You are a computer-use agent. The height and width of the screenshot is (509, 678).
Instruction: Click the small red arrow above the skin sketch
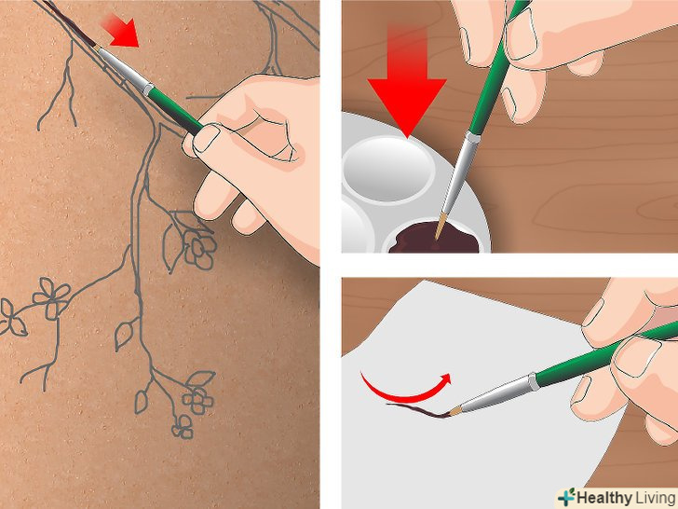121,30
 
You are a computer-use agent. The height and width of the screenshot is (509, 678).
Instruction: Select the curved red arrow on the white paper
404,390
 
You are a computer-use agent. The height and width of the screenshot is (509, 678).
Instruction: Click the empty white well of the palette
388,168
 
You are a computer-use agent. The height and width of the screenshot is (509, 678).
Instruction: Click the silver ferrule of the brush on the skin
126,71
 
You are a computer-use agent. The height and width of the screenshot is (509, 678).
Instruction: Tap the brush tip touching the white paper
454,411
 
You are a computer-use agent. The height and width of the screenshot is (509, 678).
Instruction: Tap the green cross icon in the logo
566,498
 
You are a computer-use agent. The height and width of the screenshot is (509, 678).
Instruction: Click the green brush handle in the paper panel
605,352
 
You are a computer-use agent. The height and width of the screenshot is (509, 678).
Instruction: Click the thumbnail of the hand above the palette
522,34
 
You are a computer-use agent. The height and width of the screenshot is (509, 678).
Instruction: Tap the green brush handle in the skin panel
175,109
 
